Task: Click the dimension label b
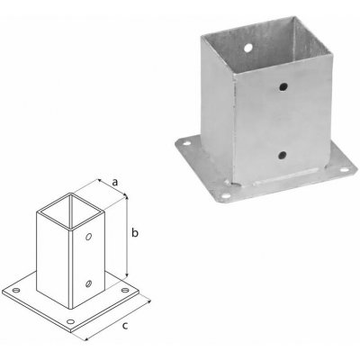click(135, 234)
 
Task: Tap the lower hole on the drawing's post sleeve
click(88, 284)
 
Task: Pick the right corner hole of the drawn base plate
click(122, 292)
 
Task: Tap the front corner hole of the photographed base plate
click(223, 192)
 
